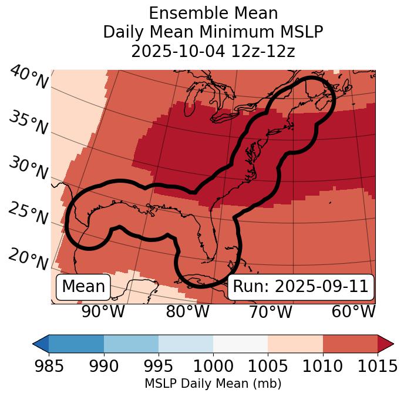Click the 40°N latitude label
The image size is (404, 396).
(29, 78)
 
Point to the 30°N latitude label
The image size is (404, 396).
(28, 168)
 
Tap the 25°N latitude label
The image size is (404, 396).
(28, 213)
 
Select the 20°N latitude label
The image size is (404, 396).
(28, 259)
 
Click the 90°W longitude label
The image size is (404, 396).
(103, 311)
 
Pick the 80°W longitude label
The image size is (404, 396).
(188, 311)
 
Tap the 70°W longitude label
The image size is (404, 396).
(270, 311)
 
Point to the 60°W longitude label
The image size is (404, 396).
(353, 311)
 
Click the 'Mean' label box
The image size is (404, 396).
(83, 287)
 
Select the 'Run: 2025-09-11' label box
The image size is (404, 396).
(300, 287)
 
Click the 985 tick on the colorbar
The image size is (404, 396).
(49, 366)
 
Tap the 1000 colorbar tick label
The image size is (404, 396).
(213, 366)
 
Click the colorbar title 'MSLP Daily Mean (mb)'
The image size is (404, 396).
(213, 384)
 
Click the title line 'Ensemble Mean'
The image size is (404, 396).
(213, 13)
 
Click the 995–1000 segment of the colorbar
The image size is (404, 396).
(186, 343)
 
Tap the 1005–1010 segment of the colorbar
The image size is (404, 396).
(295, 343)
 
